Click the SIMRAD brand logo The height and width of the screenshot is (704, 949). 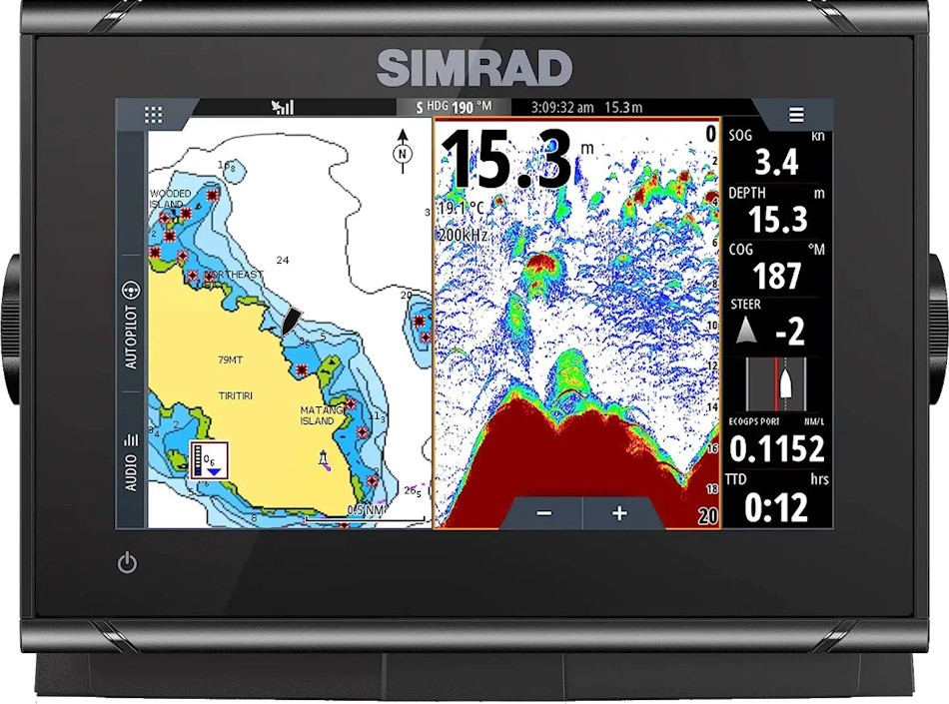474,68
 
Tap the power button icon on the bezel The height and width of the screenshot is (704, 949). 127,563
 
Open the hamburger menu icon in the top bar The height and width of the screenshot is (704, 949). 796,115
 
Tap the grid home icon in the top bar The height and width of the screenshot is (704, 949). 153,115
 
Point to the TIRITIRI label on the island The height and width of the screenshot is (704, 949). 236,396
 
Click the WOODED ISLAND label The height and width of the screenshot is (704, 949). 170,199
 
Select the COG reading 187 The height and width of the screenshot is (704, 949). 777,276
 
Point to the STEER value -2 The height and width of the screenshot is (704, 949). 790,333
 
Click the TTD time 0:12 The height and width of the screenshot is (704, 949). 776,508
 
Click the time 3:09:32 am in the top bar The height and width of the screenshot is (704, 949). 561,107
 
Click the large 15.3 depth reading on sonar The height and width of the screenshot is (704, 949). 507,161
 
